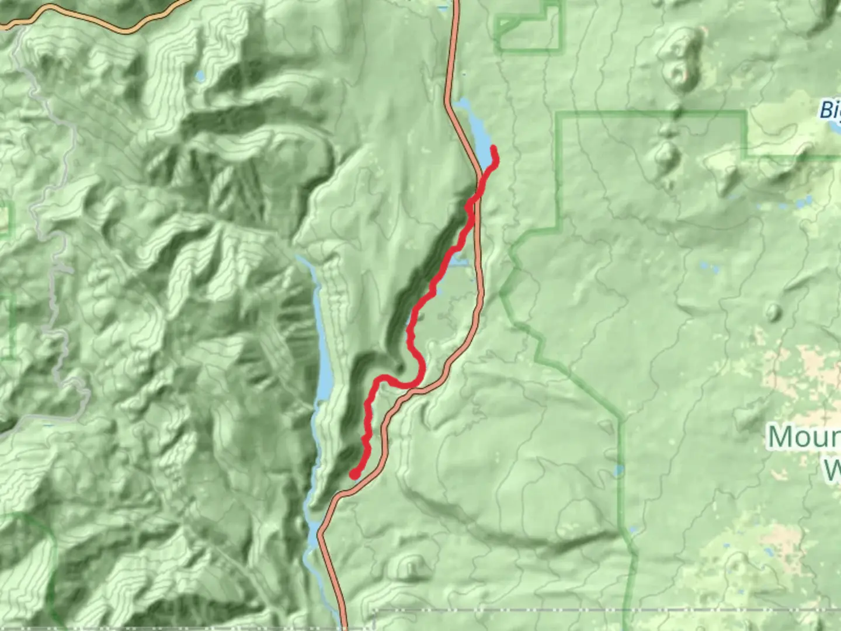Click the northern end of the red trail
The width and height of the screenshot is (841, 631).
494,148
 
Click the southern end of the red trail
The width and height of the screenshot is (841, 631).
354,475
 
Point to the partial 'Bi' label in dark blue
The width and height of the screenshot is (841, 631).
830,110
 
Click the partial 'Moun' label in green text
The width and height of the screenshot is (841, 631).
804,437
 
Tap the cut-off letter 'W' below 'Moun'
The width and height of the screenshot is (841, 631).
833,469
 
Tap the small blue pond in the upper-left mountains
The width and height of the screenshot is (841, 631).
200,76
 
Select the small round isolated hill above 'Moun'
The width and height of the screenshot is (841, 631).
774,311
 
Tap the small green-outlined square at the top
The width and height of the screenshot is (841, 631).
529,26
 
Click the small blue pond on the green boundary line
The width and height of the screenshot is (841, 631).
618,471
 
